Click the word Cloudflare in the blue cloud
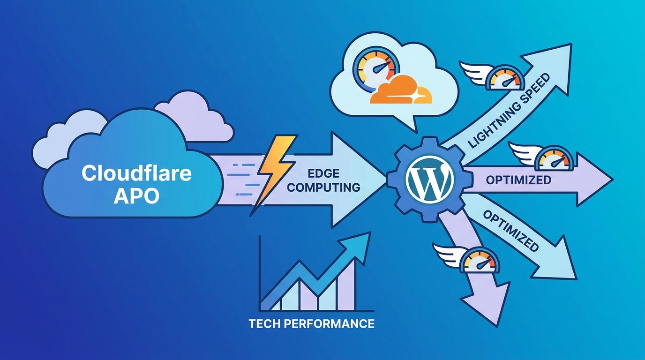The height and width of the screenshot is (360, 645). point(136,174)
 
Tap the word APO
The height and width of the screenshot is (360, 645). point(136,195)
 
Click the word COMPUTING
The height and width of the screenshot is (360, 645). point(323,187)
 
